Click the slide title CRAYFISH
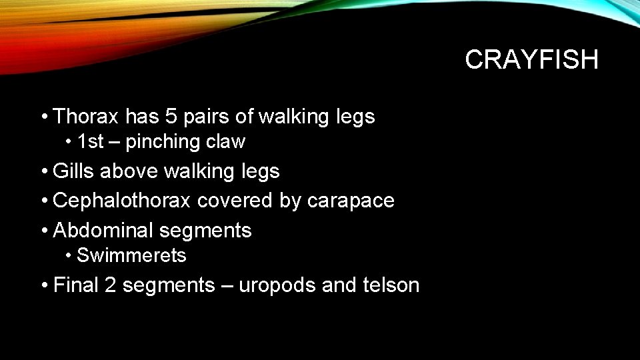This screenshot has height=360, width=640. [531, 60]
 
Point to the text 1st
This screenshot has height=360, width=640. [91, 142]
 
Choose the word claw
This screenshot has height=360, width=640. [226, 142]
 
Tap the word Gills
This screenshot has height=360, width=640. [73, 171]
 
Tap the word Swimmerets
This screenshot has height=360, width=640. [131, 256]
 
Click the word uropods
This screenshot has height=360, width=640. [277, 286]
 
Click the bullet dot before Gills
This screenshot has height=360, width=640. [43, 172]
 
